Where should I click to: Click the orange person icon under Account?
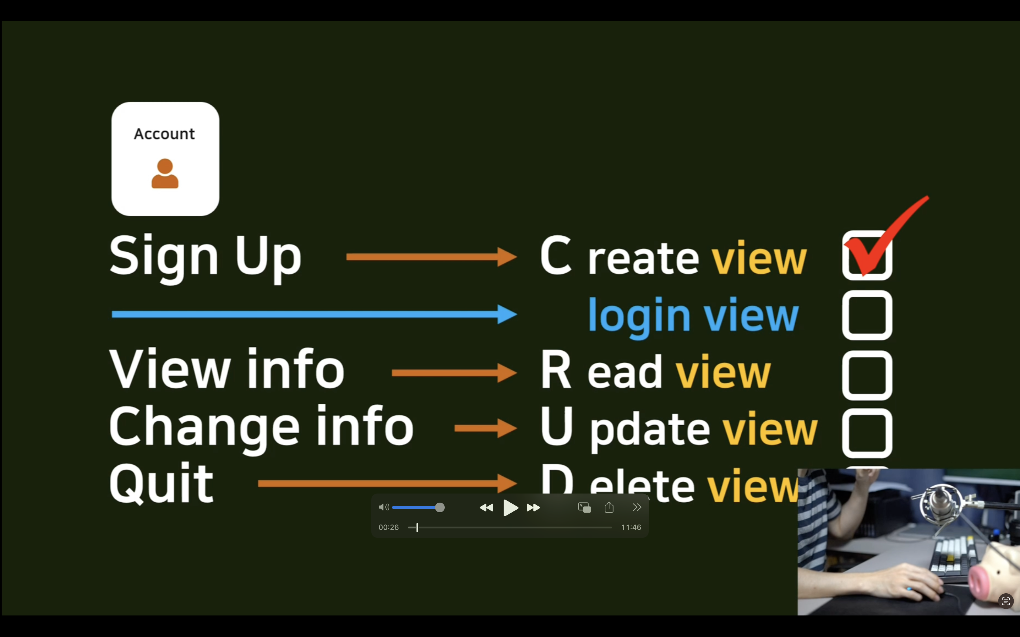pos(165,174)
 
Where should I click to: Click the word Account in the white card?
pos(164,134)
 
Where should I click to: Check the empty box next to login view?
pos(867,315)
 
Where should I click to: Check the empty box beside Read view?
pos(867,375)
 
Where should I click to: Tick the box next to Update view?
pos(867,433)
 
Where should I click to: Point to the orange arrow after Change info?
pos(485,428)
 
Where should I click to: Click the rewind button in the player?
pos(486,508)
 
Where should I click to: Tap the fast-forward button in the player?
pos(533,508)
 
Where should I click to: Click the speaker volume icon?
pos(383,507)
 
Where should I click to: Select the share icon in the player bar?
pos(609,507)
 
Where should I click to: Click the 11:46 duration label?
pos(631,527)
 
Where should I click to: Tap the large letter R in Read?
pos(556,371)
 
